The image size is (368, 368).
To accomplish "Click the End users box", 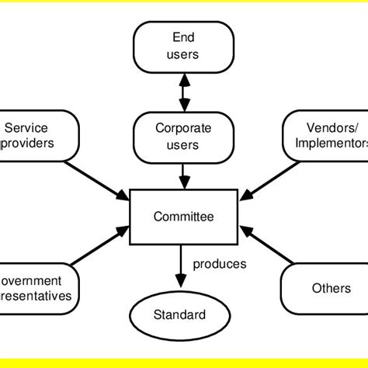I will pyautogui.click(x=183, y=46).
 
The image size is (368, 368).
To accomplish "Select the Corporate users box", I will pyautogui.click(x=183, y=136).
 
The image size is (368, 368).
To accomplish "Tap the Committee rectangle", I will pyautogui.click(x=183, y=217).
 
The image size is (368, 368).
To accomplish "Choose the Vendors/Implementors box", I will pyautogui.click(x=327, y=136).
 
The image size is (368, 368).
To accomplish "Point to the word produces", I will pyautogui.click(x=220, y=264).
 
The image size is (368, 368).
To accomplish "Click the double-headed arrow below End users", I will pyautogui.click(x=183, y=91).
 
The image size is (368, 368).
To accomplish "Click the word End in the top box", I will pyautogui.click(x=183, y=38).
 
